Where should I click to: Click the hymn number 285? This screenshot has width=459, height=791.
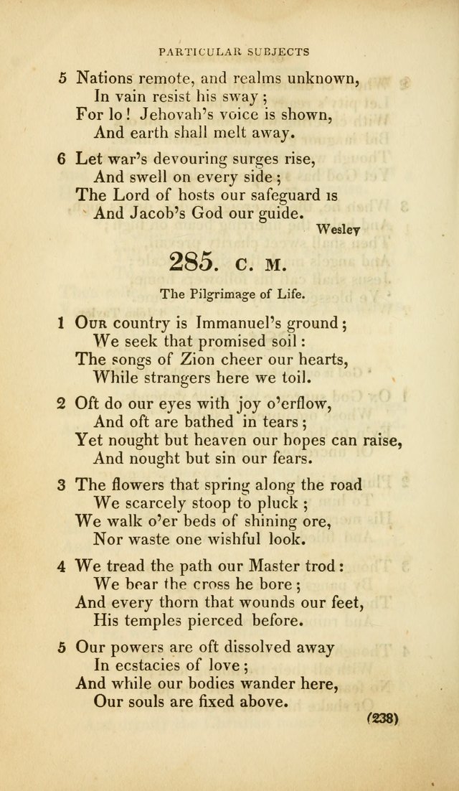[191, 262]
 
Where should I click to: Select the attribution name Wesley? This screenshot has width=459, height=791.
[337, 229]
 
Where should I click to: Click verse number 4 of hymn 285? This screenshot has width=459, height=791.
[62, 566]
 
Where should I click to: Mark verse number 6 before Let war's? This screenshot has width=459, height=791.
[62, 159]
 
